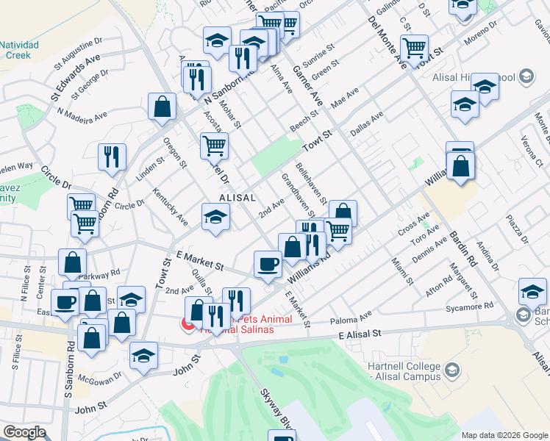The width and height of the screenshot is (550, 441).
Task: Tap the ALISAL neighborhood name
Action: click(237, 198)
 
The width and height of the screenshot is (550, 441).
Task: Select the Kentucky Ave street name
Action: click(170, 207)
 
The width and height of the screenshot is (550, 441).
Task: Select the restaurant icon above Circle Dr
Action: click(112, 156)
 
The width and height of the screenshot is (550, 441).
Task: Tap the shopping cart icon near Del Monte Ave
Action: click(415, 48)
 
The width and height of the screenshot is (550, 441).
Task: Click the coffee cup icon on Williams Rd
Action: click(267, 263)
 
